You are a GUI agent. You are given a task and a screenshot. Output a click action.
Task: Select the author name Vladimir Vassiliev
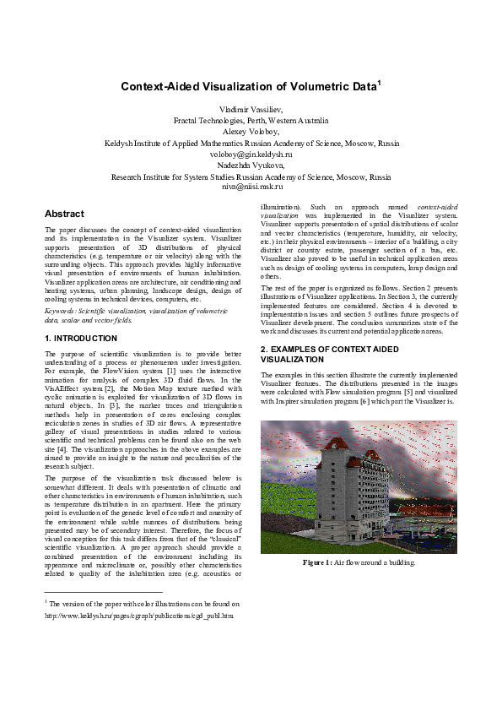(x=251, y=111)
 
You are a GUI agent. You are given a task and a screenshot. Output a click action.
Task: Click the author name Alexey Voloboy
(x=251, y=133)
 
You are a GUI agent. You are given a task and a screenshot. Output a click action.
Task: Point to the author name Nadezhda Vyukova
(x=251, y=166)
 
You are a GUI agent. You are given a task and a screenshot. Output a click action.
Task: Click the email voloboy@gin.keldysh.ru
(x=251, y=155)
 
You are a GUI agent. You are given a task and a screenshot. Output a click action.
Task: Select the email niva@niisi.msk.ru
(x=251, y=187)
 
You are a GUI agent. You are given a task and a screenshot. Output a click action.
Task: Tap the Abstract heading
(x=64, y=214)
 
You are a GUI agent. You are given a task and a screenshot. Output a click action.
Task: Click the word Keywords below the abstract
(x=61, y=311)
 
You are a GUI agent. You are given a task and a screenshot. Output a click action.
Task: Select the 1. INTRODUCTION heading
(x=81, y=339)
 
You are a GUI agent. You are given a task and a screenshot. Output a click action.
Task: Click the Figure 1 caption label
(x=321, y=562)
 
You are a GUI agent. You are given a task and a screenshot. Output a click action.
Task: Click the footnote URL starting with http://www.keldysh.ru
(x=138, y=616)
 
